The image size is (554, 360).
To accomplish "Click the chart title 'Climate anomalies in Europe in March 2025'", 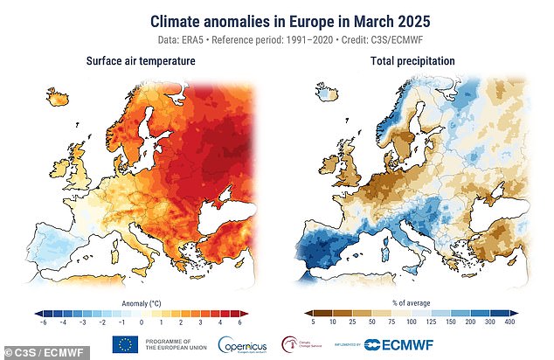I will click(277, 19).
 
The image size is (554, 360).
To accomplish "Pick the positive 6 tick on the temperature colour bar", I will click(238, 321).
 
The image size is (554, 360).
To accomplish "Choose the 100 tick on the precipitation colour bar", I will click(410, 321).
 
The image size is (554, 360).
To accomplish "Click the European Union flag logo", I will click(125, 343).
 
